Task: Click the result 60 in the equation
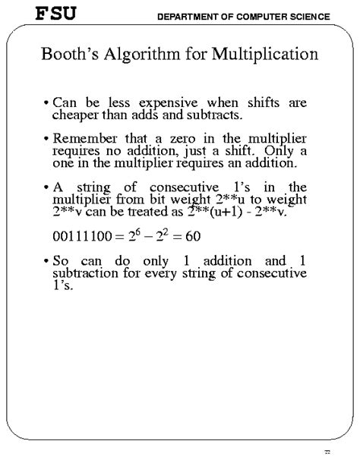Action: pyautogui.click(x=191, y=236)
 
